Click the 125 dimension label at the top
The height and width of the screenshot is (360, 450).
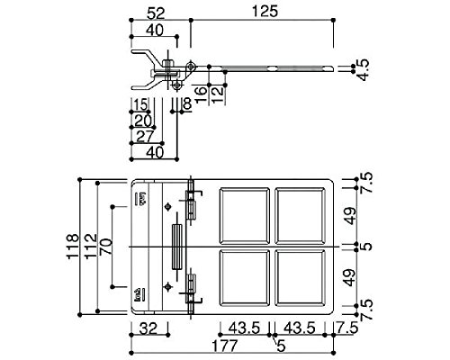pyautogui.click(x=265, y=12)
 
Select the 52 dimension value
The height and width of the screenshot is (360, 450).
pyautogui.click(x=156, y=13)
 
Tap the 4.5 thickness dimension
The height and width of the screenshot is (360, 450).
pyautogui.click(x=364, y=70)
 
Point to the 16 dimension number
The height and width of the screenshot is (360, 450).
pyautogui.click(x=202, y=94)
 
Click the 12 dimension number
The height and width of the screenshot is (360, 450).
pyautogui.click(x=218, y=94)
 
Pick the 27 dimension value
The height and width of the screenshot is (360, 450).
pyautogui.click(x=145, y=137)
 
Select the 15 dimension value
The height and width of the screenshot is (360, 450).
pyautogui.click(x=140, y=105)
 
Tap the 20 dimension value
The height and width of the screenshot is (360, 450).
pyautogui.click(x=143, y=121)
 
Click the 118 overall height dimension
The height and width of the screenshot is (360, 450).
pyautogui.click(x=72, y=247)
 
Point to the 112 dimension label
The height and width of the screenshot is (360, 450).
pyautogui.click(x=90, y=247)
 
